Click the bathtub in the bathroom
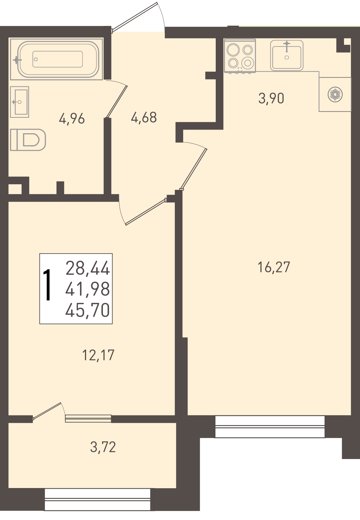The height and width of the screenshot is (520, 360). pyautogui.click(x=57, y=59)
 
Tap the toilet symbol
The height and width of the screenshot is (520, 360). pyautogui.click(x=28, y=140)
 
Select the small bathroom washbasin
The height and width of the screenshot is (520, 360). pyautogui.click(x=19, y=102)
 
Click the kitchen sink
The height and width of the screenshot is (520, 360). pyautogui.click(x=287, y=55)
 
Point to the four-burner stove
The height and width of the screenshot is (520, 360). pyautogui.click(x=240, y=56)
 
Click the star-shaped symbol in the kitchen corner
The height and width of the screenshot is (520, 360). pyautogui.click(x=335, y=95)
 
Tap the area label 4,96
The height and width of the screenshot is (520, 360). pyautogui.click(x=72, y=119)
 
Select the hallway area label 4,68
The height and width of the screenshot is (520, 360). pyautogui.click(x=144, y=118)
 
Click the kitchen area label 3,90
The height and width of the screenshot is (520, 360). pyautogui.click(x=271, y=98)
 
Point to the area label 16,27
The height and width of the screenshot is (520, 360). pyautogui.click(x=274, y=267)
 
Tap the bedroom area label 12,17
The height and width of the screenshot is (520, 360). pyautogui.click(x=98, y=355)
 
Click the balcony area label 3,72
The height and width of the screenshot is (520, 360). pyautogui.click(x=103, y=447)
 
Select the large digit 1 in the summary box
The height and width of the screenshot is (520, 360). pyautogui.click(x=48, y=285)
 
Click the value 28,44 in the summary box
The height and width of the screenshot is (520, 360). pyautogui.click(x=88, y=268)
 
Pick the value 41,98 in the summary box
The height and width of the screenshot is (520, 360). pyautogui.click(x=88, y=289)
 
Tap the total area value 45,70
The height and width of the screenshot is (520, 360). pyautogui.click(x=88, y=310)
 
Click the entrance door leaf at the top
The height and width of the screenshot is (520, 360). pyautogui.click(x=134, y=17)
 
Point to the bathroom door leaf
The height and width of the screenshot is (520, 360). pyautogui.click(x=116, y=102)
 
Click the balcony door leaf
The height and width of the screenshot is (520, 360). pyautogui.click(x=47, y=411)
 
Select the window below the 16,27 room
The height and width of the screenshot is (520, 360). pyautogui.click(x=270, y=427)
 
